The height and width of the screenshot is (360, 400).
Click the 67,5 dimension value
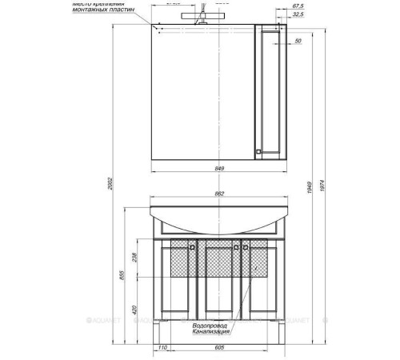298,6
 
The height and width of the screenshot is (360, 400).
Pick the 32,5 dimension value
298,14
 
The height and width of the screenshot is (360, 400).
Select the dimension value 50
297,40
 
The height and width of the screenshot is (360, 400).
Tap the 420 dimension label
134,308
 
